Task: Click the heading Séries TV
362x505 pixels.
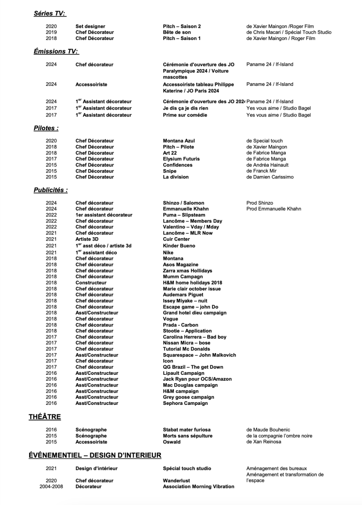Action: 49,13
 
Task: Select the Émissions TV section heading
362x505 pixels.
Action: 56,51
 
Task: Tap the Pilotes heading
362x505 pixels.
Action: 46,128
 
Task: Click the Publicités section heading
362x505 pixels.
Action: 50,190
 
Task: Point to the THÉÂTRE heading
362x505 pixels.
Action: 44,417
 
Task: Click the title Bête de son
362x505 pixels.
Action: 177,32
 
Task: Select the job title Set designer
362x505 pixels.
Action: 90,26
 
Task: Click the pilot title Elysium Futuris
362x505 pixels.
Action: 181,159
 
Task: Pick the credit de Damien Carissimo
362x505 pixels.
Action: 270,177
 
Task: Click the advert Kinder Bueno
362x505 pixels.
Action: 179,246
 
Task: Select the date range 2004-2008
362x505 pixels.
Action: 51,486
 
